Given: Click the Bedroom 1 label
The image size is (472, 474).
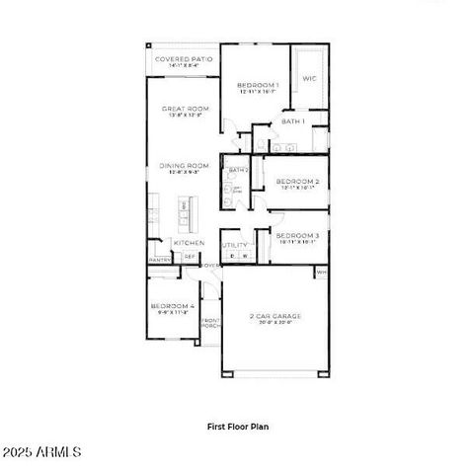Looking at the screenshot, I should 258,86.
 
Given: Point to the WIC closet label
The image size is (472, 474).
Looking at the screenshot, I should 308,78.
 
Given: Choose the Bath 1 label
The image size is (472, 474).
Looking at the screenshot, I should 292,120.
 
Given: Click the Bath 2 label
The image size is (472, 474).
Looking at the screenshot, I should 236,170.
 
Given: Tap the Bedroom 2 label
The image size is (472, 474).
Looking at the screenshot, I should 296,182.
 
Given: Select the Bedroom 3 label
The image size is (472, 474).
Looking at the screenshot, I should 296,235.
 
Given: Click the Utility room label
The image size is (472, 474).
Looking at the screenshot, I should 234,244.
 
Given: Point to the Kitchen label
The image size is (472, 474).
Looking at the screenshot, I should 189,242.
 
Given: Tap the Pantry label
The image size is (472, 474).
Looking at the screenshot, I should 159,260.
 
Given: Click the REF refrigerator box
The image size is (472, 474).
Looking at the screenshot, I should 190,257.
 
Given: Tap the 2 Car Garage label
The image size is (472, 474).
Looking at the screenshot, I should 274,317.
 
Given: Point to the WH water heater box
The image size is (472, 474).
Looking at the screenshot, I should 321,271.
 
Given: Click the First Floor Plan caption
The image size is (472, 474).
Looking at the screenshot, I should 237,427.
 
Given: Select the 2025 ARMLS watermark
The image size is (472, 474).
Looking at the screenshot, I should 41,451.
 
